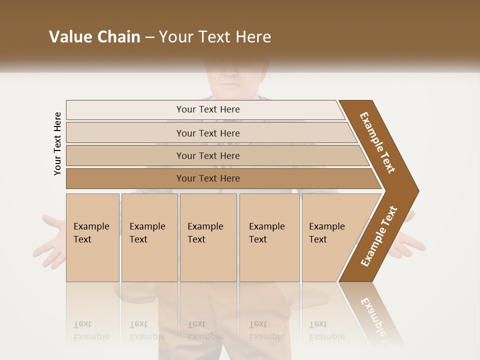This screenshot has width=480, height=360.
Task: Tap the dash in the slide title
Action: click(x=149, y=37)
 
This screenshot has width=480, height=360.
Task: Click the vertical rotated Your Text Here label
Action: click(x=57, y=143)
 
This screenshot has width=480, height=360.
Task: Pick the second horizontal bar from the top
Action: click(x=208, y=133)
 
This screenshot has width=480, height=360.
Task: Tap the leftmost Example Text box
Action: click(x=92, y=237)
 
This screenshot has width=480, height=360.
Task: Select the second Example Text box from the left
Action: click(x=149, y=237)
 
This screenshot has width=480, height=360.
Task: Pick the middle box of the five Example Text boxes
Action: click(x=208, y=237)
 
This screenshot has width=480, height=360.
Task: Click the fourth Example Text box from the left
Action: click(x=269, y=237)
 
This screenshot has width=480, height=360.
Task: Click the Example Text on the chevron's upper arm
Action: click(x=377, y=142)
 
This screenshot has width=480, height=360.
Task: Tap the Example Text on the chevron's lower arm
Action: click(x=378, y=236)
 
